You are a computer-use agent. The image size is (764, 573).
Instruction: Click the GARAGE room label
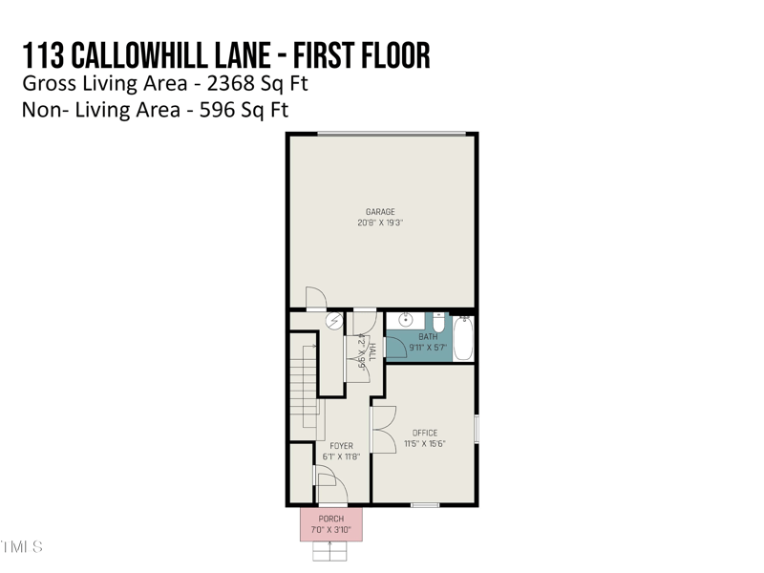point(380,212)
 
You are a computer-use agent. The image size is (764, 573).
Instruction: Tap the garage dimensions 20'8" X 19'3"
point(380,223)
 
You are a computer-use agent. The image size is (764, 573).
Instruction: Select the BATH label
point(428,337)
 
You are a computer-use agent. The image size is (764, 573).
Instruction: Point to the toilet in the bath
point(438,321)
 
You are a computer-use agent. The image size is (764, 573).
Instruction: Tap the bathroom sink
point(406,320)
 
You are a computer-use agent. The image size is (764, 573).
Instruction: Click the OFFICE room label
point(425,434)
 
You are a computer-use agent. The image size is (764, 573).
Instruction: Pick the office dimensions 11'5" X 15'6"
point(425,444)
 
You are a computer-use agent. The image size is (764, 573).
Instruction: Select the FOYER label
point(341,446)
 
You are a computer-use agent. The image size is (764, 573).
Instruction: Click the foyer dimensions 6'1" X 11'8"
point(341,457)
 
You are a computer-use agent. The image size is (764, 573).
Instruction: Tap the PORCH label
point(331,519)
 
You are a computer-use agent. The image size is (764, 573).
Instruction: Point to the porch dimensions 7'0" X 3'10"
point(331,530)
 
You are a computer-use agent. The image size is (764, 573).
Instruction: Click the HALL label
point(371,350)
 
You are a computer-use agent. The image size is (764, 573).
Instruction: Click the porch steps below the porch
point(330,550)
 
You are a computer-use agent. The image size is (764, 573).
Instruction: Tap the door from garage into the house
point(315,300)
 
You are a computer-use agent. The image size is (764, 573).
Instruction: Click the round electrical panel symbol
point(333,322)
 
